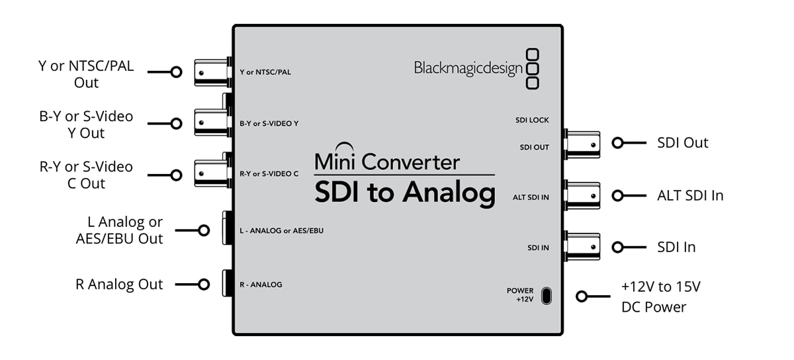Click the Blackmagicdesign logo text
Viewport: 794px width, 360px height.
coord(468,68)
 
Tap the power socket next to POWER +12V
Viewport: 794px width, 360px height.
coord(546,295)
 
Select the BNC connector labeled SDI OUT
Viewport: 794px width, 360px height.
coord(582,144)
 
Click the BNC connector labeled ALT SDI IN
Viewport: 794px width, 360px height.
coord(582,195)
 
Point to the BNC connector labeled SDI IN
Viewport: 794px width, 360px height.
coord(582,247)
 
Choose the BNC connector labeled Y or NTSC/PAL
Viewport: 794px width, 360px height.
coord(211,71)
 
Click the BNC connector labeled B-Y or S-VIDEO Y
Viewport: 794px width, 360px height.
coord(211,122)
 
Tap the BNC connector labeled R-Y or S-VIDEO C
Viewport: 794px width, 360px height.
coord(211,174)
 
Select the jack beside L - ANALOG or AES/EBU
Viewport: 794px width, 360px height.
coord(227,230)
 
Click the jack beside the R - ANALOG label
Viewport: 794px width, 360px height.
coord(227,285)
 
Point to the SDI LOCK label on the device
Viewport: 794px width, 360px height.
coord(532,120)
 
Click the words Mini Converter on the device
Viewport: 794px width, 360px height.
coord(387,161)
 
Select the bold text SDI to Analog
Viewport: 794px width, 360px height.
coord(404,193)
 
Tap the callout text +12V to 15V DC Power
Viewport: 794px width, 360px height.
coord(660,297)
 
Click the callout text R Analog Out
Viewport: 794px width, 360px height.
coord(119,285)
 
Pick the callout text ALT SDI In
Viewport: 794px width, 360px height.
coord(690,195)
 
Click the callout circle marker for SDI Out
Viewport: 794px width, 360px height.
coord(617,143)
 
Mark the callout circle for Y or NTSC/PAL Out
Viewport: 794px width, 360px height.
coord(176,71)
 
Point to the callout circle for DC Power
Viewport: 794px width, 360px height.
coord(582,296)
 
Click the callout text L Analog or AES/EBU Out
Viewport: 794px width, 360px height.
coord(119,230)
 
